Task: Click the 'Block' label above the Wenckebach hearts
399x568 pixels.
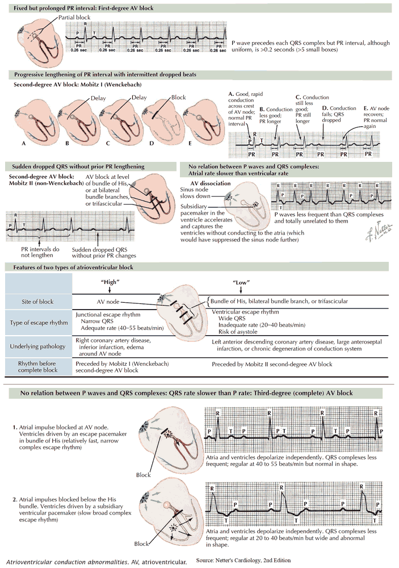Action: (178, 97)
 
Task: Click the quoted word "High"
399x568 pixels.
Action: (108, 281)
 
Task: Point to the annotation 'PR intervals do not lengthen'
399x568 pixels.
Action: (37, 252)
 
